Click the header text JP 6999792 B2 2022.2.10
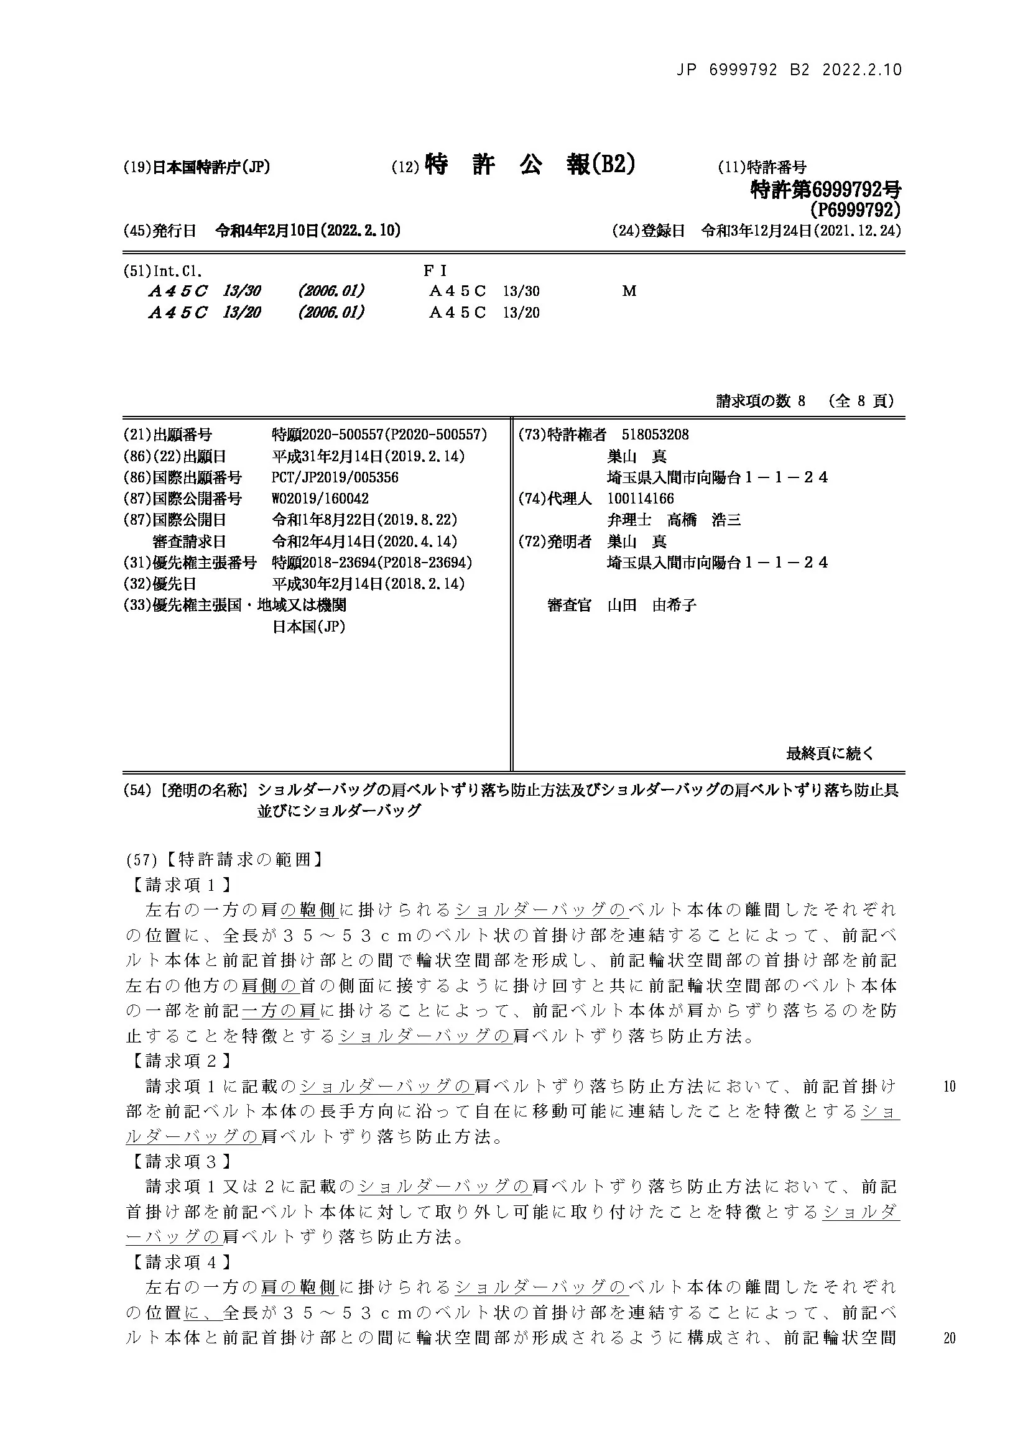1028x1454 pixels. (789, 70)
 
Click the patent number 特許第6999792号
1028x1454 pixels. (825, 189)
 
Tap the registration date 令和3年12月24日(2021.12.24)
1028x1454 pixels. (800, 231)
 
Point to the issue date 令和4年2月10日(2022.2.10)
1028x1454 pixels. (308, 231)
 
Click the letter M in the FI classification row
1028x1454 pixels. (629, 292)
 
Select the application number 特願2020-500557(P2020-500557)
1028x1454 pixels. (379, 435)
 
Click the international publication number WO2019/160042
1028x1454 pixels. (320, 499)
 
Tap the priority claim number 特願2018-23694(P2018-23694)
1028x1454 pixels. (372, 563)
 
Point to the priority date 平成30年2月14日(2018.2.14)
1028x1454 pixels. (368, 584)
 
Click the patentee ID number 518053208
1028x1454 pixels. (655, 435)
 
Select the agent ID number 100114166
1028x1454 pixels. (641, 499)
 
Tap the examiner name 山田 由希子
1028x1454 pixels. (652, 605)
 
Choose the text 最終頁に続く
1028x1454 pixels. (830, 753)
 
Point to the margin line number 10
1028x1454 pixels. (949, 1087)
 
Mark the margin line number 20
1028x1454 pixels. (949, 1338)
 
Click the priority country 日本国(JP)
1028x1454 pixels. (308, 627)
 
